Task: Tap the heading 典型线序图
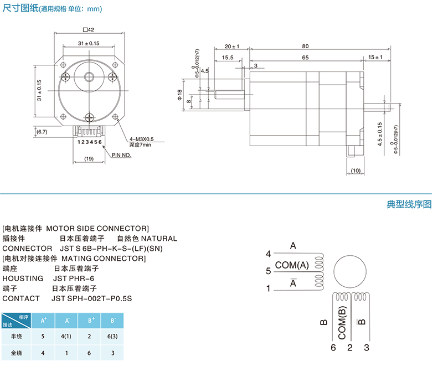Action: (409, 204)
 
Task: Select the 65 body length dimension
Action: (305, 58)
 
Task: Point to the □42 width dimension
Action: (89, 29)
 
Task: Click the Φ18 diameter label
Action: (180, 95)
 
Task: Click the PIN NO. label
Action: (121, 156)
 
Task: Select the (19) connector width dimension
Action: (89, 159)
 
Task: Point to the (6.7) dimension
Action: (42, 132)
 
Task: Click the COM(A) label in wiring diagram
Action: (292, 265)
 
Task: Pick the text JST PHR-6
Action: (74, 278)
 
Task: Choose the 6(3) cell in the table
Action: (112, 336)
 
